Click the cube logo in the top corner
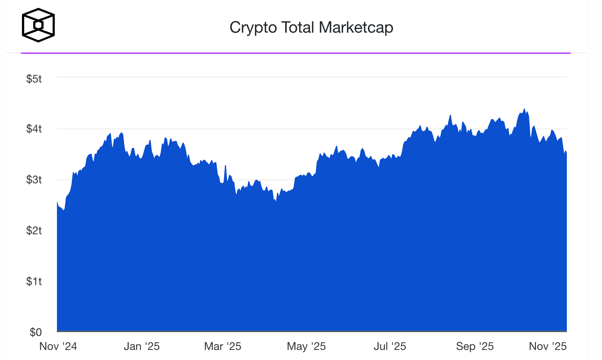(x=38, y=25)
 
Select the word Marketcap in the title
(x=356, y=28)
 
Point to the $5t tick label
(x=34, y=79)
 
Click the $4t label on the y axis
(x=34, y=129)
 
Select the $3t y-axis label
(x=34, y=180)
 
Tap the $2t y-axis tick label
(x=34, y=231)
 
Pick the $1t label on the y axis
(x=34, y=282)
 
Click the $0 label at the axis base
(x=35, y=332)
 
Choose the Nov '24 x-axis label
(x=58, y=346)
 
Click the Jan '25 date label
(x=142, y=346)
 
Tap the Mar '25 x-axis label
(x=223, y=346)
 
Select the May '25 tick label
(x=306, y=346)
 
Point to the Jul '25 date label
(x=390, y=346)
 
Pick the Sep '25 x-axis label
(x=475, y=346)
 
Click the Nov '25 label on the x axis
(x=548, y=346)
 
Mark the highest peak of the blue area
(x=524, y=109)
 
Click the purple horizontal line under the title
(x=296, y=53)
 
